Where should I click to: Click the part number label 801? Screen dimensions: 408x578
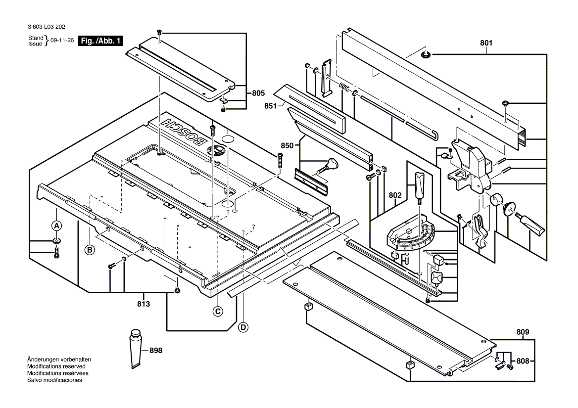tap(486, 43)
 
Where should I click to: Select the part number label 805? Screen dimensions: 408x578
tap(258, 92)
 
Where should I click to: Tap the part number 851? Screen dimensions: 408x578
tap(270, 105)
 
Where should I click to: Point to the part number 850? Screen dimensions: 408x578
tap(287, 145)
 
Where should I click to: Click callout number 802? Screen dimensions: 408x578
tap(395, 195)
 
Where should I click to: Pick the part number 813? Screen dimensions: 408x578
tap(143, 304)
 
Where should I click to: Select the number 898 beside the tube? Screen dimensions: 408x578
tap(155, 350)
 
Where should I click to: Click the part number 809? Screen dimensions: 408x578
tap(522, 332)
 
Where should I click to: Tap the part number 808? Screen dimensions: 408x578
tap(522, 361)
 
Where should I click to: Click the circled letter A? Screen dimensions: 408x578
tap(57, 226)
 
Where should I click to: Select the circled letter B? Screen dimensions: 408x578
tap(90, 250)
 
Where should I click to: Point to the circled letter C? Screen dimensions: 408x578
tap(217, 311)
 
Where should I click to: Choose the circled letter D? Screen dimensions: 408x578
tap(242, 327)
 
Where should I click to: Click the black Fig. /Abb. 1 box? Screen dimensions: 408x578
tap(101, 41)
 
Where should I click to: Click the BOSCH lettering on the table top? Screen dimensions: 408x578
tap(183, 132)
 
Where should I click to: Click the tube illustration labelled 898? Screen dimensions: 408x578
tap(135, 348)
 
